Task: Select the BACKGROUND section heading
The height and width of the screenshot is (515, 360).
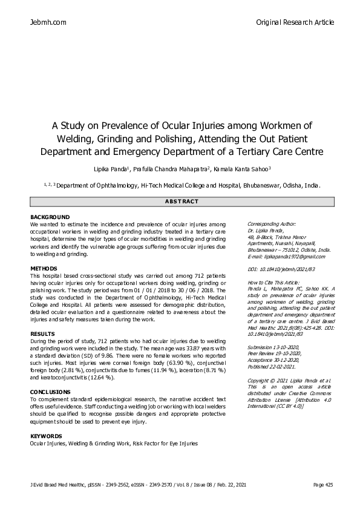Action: [x=50, y=217]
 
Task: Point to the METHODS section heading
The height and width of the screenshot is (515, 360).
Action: [x=44, y=268]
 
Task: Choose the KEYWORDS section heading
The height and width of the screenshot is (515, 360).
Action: [x=46, y=436]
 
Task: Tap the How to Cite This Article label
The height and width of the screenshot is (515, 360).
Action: [x=273, y=283]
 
